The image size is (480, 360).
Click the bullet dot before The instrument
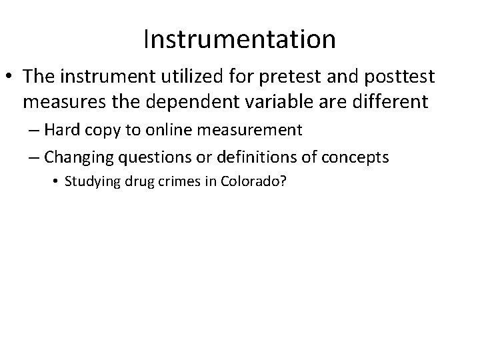pyautogui.click(x=12, y=77)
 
